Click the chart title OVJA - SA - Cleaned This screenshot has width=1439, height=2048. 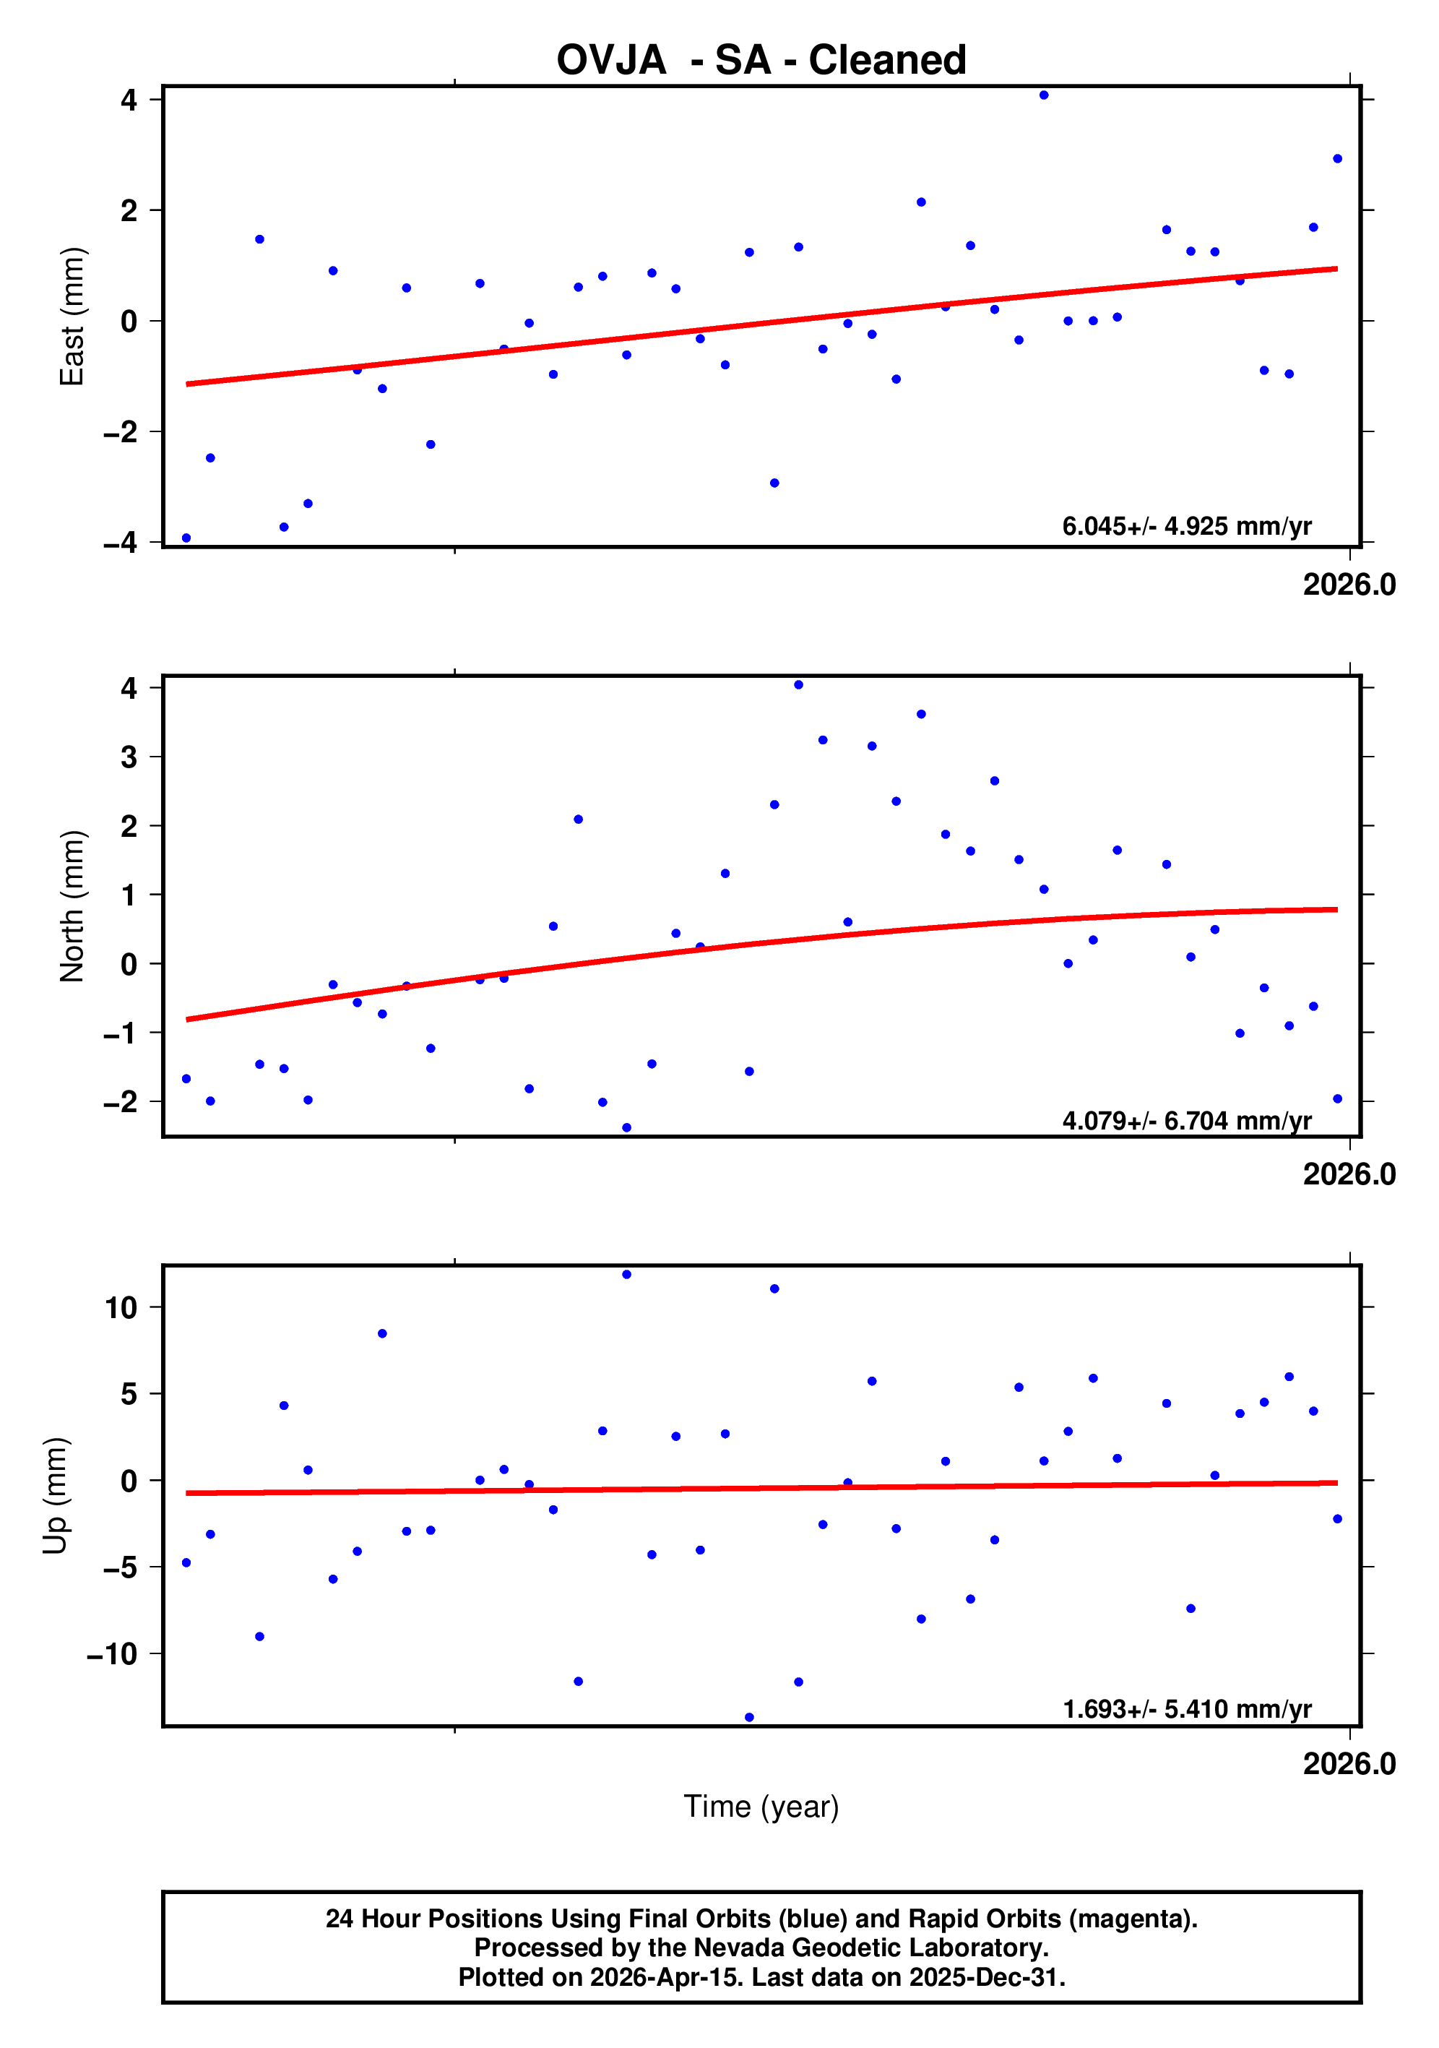click(x=761, y=61)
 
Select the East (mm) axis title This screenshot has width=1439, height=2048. click(x=72, y=317)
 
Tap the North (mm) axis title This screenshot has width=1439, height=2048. click(x=72, y=906)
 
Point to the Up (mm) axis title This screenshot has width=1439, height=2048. click(x=56, y=1496)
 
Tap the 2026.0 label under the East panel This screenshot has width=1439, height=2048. click(x=1348, y=585)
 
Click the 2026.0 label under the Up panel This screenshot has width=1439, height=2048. click(x=1348, y=1763)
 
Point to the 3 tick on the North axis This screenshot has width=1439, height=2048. click(x=129, y=757)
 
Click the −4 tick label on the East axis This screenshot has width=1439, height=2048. click(x=121, y=542)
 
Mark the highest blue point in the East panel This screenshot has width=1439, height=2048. click(x=1043, y=95)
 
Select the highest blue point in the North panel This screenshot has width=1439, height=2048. click(x=798, y=685)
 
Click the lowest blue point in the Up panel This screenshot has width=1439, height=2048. click(x=749, y=1717)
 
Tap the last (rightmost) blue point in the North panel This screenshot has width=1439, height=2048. click(x=1336, y=1099)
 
